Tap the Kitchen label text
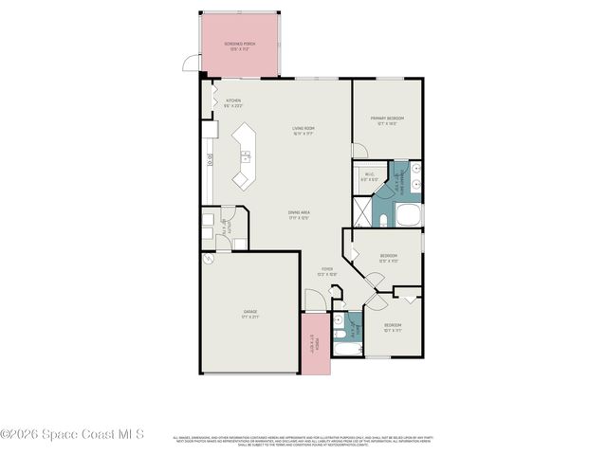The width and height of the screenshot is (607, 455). point(232,102)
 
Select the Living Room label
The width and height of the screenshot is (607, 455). point(303,131)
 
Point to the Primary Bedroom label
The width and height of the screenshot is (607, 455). point(385,120)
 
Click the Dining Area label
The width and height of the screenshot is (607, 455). point(300,215)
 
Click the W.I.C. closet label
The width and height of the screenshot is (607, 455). point(371,176)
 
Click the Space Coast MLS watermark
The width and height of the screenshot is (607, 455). point(72,435)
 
